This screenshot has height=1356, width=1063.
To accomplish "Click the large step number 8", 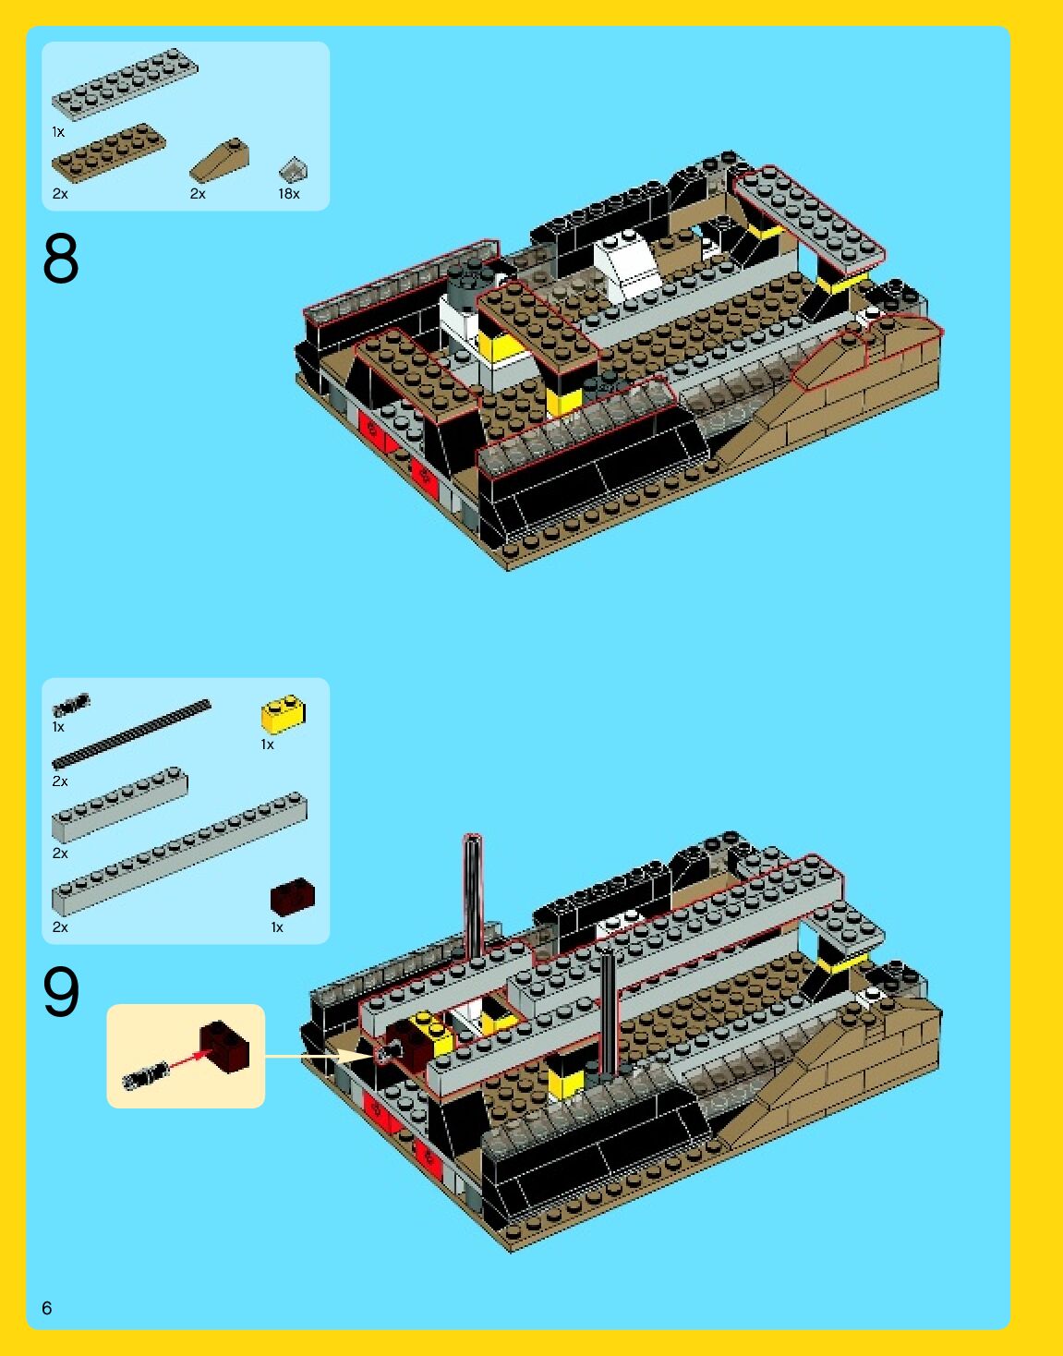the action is (61, 258).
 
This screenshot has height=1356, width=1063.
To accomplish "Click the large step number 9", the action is (61, 991).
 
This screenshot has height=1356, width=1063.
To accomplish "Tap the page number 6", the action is (47, 1308).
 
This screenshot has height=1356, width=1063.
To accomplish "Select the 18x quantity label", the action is (289, 194).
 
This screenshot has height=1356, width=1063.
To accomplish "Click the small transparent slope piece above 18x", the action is (293, 169).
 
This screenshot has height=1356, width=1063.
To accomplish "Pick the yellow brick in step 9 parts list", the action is (284, 714).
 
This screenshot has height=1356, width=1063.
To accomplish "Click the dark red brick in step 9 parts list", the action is (293, 897).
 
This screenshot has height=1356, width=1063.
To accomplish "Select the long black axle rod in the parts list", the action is (132, 733).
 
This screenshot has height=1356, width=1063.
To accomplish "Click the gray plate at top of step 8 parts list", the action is (125, 84).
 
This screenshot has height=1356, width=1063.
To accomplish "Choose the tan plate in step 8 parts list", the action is (109, 153).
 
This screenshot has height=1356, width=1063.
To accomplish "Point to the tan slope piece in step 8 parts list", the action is (219, 161).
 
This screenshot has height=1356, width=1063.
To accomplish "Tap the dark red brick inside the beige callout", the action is (224, 1047).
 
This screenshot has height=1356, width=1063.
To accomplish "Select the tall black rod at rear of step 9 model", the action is (472, 895).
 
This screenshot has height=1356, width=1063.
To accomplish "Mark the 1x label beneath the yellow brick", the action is (267, 745).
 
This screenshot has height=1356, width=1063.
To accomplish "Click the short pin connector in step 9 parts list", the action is (71, 705).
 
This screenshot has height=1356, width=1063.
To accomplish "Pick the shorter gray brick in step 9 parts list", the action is (120, 805).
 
